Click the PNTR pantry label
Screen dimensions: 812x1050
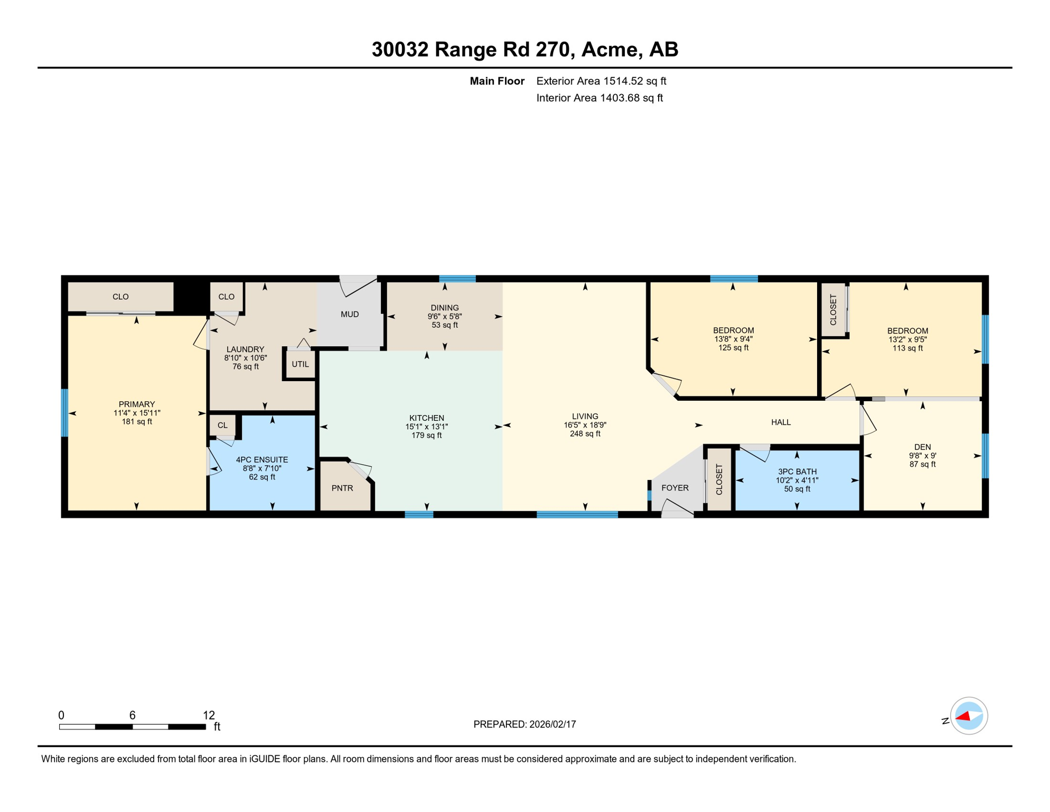(342, 488)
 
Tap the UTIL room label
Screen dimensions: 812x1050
(300, 364)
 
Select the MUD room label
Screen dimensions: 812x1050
(350, 314)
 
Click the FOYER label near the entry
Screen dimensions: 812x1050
(675, 487)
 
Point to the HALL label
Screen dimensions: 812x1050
(781, 422)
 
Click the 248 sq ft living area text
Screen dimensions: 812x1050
(585, 433)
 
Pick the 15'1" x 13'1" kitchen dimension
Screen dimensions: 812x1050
(426, 427)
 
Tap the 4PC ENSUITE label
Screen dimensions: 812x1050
(262, 460)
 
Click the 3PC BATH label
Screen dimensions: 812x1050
(797, 472)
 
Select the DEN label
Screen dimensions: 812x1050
(922, 447)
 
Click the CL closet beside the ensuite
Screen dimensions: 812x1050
(222, 425)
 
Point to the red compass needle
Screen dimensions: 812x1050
(963, 717)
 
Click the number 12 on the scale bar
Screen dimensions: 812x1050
(209, 715)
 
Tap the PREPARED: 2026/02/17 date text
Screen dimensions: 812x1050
(524, 724)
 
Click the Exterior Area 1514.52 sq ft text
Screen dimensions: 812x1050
(601, 81)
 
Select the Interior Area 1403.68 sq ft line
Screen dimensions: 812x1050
(599, 98)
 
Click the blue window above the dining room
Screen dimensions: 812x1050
(457, 279)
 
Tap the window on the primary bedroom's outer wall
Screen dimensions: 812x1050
(64, 413)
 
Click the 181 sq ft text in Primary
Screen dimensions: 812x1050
(137, 421)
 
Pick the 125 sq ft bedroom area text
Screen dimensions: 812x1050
(733, 347)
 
